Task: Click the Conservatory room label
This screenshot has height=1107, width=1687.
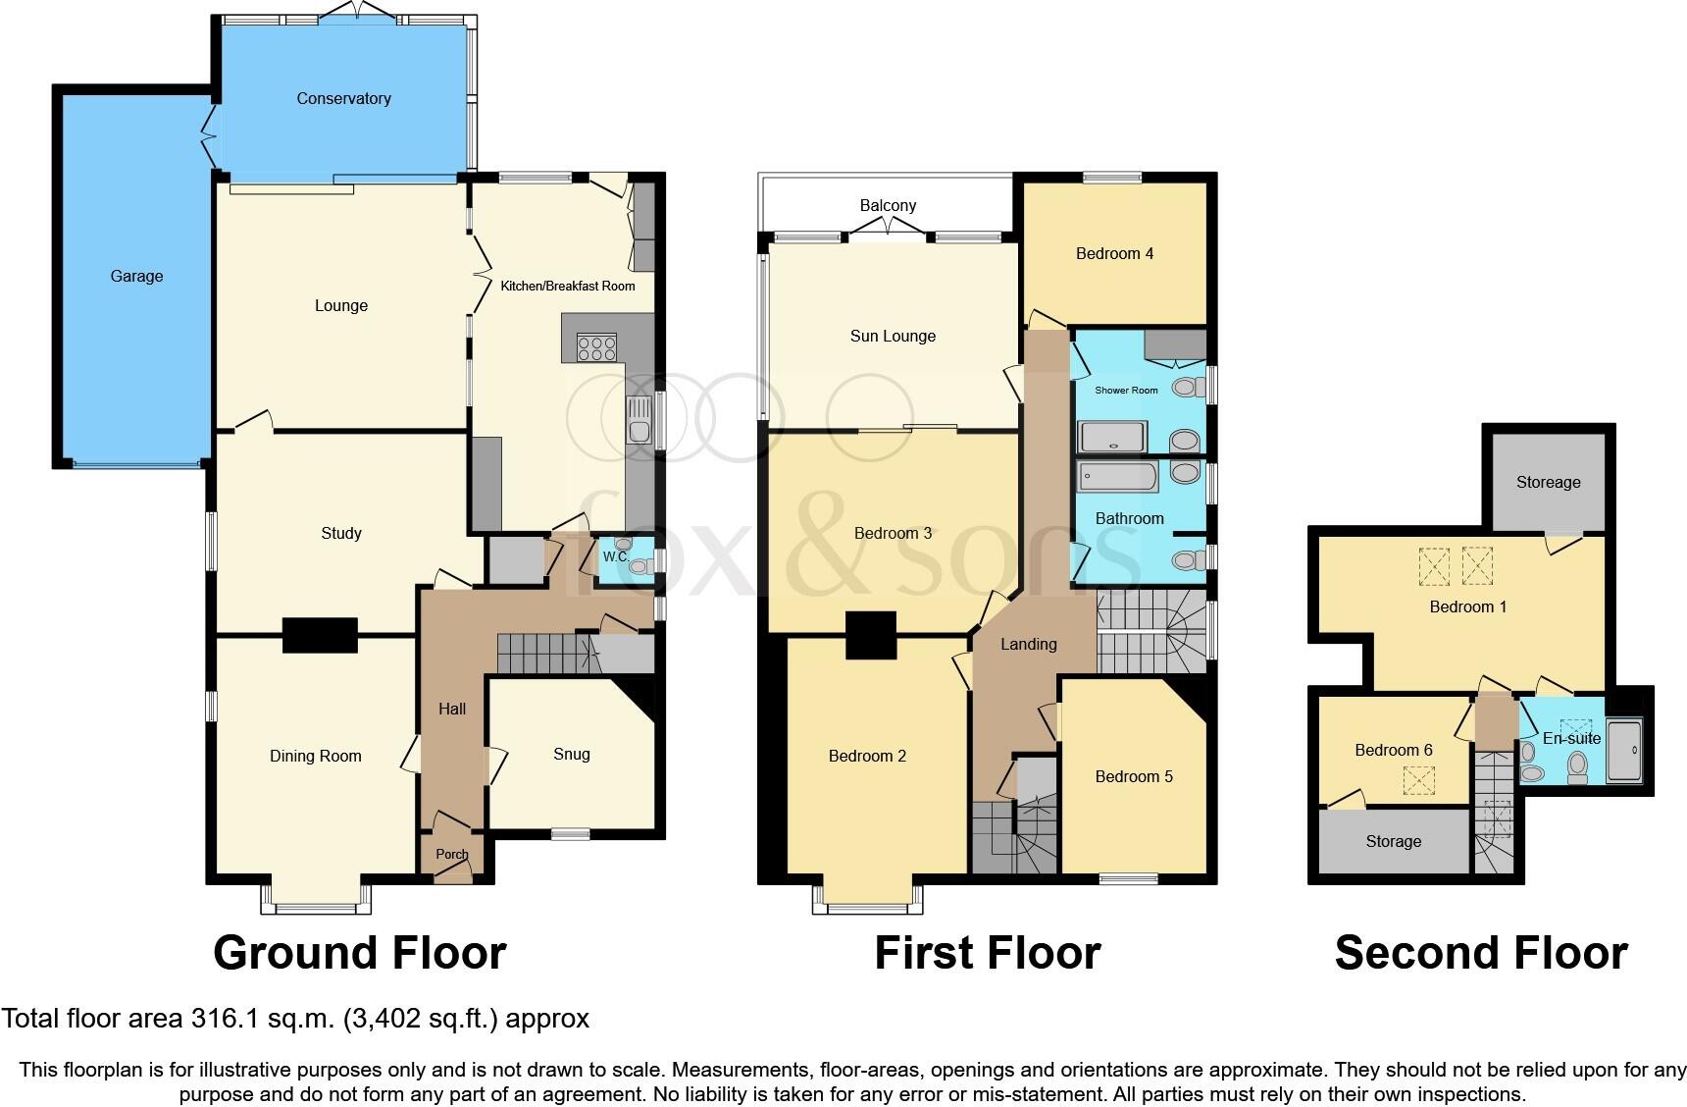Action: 343,98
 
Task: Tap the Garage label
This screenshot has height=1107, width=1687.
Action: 136,276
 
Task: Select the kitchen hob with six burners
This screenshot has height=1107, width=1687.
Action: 596,346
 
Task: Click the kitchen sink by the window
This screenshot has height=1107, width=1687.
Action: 639,419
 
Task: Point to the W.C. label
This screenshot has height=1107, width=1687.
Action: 615,556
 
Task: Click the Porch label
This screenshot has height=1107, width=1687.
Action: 452,854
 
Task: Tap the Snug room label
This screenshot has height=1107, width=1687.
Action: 571,754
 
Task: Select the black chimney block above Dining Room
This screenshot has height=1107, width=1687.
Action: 320,635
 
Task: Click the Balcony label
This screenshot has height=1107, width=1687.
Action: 888,205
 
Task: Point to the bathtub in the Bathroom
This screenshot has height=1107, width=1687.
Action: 1118,477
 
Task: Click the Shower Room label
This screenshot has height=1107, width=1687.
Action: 1126,390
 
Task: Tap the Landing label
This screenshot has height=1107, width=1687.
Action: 1028,644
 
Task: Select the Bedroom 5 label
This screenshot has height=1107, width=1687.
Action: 1134,776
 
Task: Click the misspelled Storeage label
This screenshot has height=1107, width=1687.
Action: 1548,482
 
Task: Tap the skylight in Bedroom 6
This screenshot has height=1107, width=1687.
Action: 1417,780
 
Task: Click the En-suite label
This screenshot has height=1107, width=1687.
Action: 1571,738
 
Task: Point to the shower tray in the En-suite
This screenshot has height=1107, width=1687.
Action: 1624,751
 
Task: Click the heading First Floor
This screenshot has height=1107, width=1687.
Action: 987,953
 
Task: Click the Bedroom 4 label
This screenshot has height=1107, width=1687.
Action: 1114,253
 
